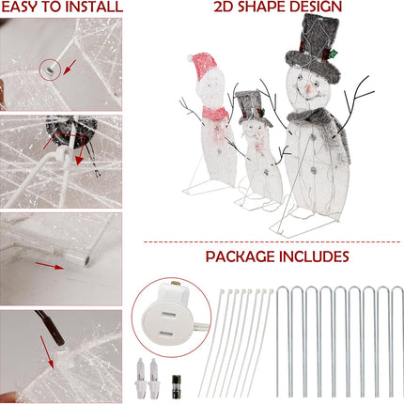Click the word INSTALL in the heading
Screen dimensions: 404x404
pos(95,8)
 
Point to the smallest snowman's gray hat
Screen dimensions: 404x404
pos(249,102)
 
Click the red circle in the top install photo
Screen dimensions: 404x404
pos(48,69)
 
